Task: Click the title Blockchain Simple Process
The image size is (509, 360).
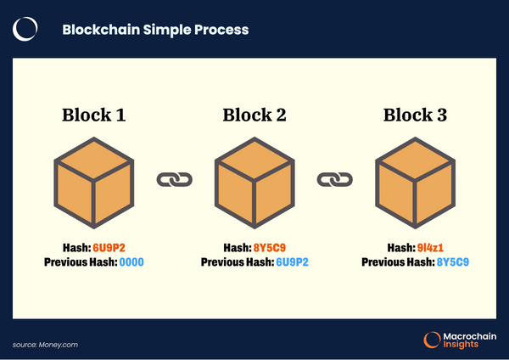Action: tap(155, 30)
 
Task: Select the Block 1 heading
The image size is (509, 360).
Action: tap(94, 115)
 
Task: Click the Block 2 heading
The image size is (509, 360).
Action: tap(255, 115)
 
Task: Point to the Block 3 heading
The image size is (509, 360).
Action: tap(416, 115)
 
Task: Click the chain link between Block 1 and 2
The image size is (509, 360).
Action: tap(175, 180)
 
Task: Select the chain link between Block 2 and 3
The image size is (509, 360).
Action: tap(335, 180)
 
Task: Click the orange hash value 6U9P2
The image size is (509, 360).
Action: tap(111, 248)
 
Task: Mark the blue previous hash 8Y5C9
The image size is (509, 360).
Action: tap(452, 262)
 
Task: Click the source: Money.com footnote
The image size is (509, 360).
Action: tap(46, 344)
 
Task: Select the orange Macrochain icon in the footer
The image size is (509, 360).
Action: tap(432, 340)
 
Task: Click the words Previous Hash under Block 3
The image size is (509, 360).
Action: tap(397, 262)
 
